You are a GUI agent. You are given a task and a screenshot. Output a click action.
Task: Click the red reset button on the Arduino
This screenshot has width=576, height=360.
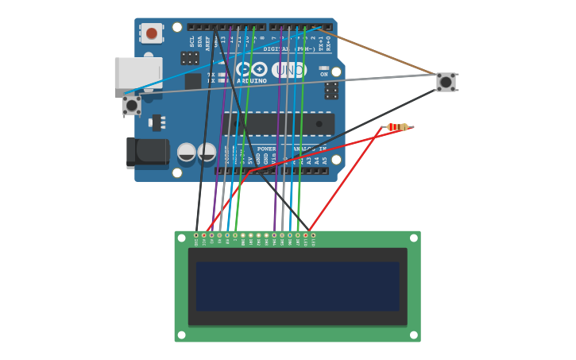pyautogui.click(x=151, y=33)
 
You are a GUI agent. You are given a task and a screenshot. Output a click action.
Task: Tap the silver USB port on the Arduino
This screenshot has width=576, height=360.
pyautogui.click(x=138, y=72)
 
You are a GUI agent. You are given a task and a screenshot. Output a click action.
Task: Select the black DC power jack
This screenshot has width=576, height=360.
pyautogui.click(x=147, y=152)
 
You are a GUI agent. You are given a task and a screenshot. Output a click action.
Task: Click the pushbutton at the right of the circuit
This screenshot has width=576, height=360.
pyautogui.click(x=446, y=82)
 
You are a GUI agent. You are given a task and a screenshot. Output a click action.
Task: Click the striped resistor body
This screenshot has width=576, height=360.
pyautogui.click(x=397, y=127)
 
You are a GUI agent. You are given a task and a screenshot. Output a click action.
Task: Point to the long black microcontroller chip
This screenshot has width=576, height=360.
pyautogui.click(x=278, y=124)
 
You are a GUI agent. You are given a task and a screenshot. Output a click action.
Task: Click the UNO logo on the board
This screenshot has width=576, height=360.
pyautogui.click(x=289, y=70)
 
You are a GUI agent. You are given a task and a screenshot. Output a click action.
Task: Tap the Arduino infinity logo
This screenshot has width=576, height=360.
pyautogui.click(x=252, y=69)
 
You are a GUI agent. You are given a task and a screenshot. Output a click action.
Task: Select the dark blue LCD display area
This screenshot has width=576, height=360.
pyautogui.click(x=297, y=287)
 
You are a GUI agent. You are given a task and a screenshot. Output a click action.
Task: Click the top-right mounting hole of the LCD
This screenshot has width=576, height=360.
pyautogui.click(x=413, y=238)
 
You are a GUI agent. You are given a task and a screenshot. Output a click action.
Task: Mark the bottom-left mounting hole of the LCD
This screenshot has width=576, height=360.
pyautogui.click(x=181, y=335)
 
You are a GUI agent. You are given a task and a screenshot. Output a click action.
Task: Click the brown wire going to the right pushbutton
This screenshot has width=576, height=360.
pyautogui.click(x=381, y=53)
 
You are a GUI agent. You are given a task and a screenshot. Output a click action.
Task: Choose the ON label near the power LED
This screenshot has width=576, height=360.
pyautogui.click(x=323, y=74)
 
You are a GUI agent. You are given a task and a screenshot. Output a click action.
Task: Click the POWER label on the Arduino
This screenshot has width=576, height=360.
pyautogui.click(x=266, y=149)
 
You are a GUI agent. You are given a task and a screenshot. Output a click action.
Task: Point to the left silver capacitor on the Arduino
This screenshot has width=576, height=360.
pyautogui.click(x=187, y=152)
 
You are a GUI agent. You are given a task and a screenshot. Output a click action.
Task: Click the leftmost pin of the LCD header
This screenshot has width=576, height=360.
pyautogui.click(x=196, y=235)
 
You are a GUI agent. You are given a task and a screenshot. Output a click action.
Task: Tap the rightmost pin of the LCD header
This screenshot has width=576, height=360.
pyautogui.click(x=313, y=235)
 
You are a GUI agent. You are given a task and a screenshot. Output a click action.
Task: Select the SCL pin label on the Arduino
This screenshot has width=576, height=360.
pyautogui.click(x=191, y=41)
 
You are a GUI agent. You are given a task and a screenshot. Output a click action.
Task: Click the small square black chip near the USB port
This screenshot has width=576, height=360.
pyautogui.click(x=193, y=81)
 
